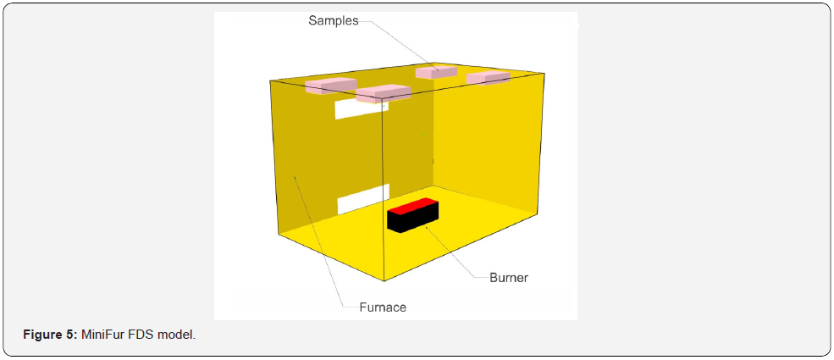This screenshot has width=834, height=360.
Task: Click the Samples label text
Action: tap(334, 20)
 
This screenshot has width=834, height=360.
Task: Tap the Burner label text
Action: tap(509, 278)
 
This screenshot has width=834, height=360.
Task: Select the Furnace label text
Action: tap(383, 307)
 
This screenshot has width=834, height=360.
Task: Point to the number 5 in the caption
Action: tap(74, 335)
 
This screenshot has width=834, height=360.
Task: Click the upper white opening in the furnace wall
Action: tap(362, 108)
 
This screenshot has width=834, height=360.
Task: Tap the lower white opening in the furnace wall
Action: tap(364, 199)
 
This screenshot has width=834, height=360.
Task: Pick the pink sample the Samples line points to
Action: tap(436, 72)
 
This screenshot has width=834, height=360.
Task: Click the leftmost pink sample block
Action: tap(330, 86)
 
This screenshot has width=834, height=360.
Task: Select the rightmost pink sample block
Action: tap(489, 78)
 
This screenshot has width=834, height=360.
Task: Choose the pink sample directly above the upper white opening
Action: tap(383, 93)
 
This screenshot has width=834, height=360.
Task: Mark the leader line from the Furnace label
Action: tap(318, 242)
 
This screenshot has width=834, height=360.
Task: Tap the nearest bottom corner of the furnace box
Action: tap(384, 280)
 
